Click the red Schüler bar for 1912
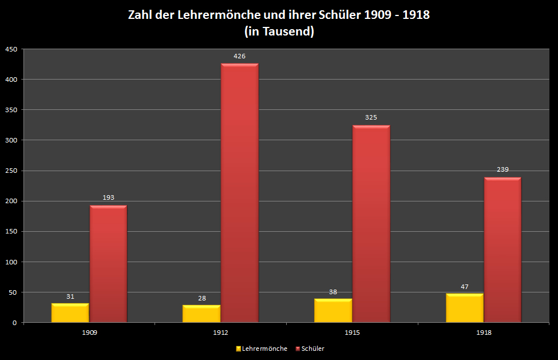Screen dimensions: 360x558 (x=239, y=193)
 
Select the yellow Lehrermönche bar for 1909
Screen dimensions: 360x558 (x=70, y=313)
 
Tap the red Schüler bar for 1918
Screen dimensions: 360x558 (x=502, y=250)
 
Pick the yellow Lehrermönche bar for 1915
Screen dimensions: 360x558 (x=333, y=311)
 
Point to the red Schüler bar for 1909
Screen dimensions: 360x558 (x=108, y=264)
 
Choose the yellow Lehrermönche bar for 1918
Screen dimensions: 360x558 (x=465, y=308)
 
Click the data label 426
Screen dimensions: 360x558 (x=239, y=56)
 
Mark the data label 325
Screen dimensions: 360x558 (x=371, y=117)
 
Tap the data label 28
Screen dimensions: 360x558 (x=201, y=298)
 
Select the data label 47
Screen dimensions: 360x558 (x=465, y=287)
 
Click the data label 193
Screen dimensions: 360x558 (x=108, y=197)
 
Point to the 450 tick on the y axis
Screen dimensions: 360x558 (x=10, y=49)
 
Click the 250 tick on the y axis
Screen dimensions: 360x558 (x=10, y=171)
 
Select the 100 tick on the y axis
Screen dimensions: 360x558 (x=10, y=262)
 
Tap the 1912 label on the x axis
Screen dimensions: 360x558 (x=220, y=333)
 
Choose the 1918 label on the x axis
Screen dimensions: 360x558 (x=484, y=333)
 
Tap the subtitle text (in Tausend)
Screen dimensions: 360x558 (x=279, y=32)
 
